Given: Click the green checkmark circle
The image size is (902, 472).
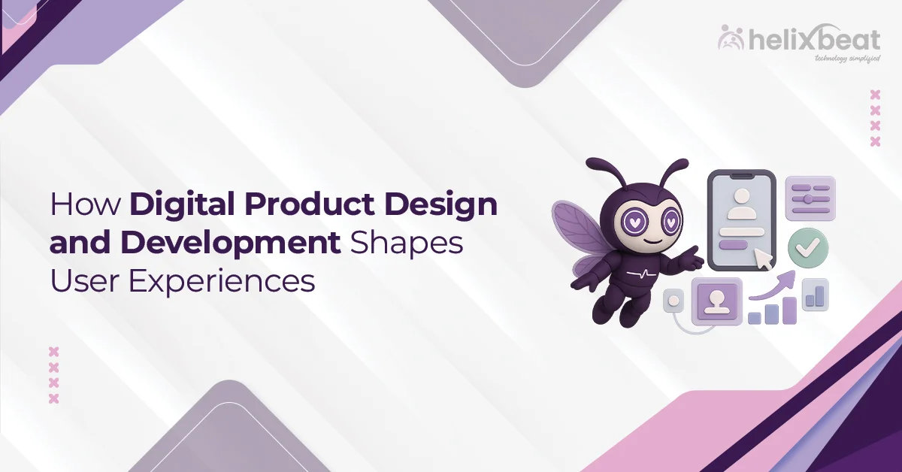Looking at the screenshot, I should tap(807, 245).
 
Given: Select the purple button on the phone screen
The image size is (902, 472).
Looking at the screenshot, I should tap(731, 245).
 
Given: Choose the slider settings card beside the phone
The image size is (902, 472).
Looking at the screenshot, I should tap(810, 198).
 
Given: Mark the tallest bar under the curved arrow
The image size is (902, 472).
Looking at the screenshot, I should tap(788, 310).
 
